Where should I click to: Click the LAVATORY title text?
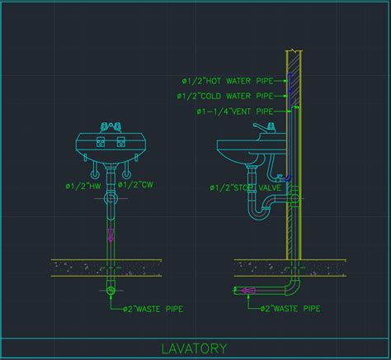[194, 348]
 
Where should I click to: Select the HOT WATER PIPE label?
[228, 81]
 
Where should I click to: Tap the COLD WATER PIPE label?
[225, 96]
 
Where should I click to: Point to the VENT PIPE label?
[235, 111]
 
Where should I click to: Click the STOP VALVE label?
[246, 187]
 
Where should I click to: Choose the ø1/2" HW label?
[83, 186]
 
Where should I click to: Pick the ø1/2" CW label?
[135, 184]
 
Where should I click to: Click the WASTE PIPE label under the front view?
[153, 309]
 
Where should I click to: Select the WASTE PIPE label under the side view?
[290, 309]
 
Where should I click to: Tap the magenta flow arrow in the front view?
[111, 235]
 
